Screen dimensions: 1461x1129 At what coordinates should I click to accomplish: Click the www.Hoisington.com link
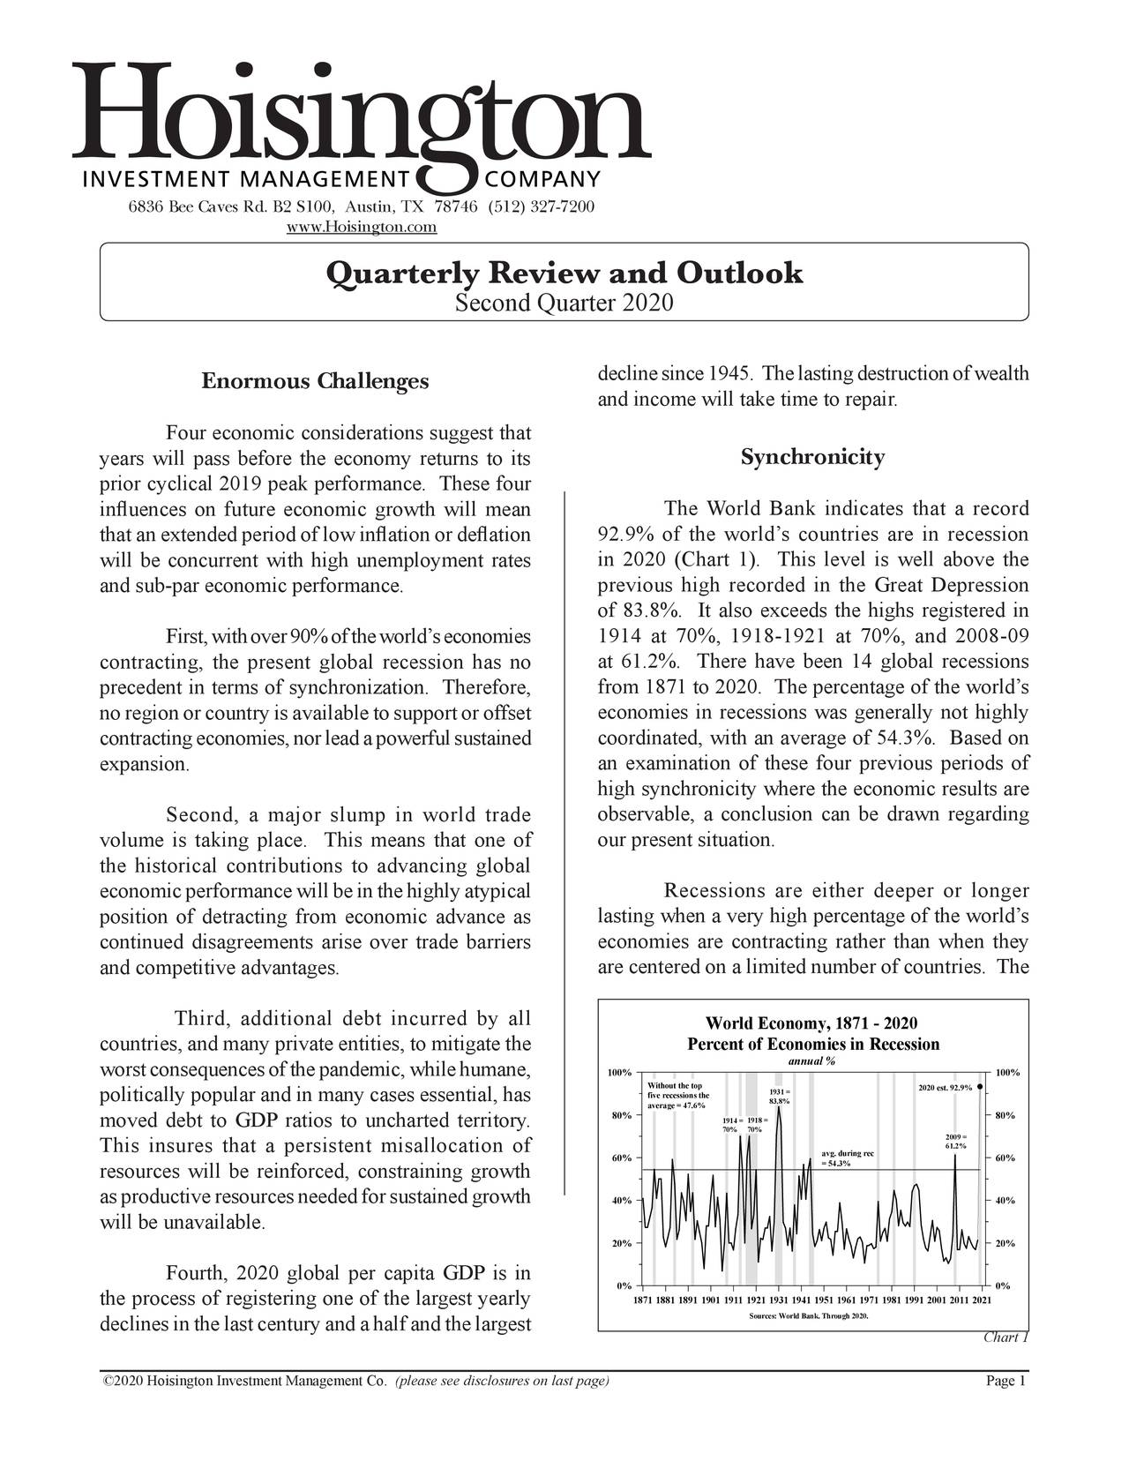[x=363, y=228]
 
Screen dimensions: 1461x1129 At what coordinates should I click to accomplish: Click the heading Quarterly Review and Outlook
[x=564, y=273]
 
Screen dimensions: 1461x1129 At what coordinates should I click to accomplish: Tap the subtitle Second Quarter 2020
[x=564, y=303]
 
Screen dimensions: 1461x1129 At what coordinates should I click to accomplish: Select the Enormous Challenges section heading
[x=315, y=381]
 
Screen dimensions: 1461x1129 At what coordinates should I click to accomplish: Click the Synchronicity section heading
[x=812, y=457]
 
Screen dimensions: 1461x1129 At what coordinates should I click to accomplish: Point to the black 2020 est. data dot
[x=980, y=1087]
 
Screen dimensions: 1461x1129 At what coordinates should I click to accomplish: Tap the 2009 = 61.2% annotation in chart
[x=956, y=1141]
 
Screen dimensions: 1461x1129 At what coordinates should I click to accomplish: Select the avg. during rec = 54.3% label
[x=847, y=1158]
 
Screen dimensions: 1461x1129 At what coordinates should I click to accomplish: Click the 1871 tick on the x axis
[x=645, y=1300]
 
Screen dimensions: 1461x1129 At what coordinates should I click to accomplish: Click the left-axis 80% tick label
[x=620, y=1115]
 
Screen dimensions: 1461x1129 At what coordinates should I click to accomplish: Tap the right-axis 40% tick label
[x=1005, y=1201]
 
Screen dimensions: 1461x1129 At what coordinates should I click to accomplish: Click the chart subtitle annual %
[x=811, y=1060]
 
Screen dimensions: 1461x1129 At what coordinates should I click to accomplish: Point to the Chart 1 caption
[x=1006, y=1337]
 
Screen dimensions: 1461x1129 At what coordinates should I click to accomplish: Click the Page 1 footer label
[x=1005, y=1382]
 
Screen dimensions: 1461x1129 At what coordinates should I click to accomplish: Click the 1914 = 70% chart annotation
[x=729, y=1125]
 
